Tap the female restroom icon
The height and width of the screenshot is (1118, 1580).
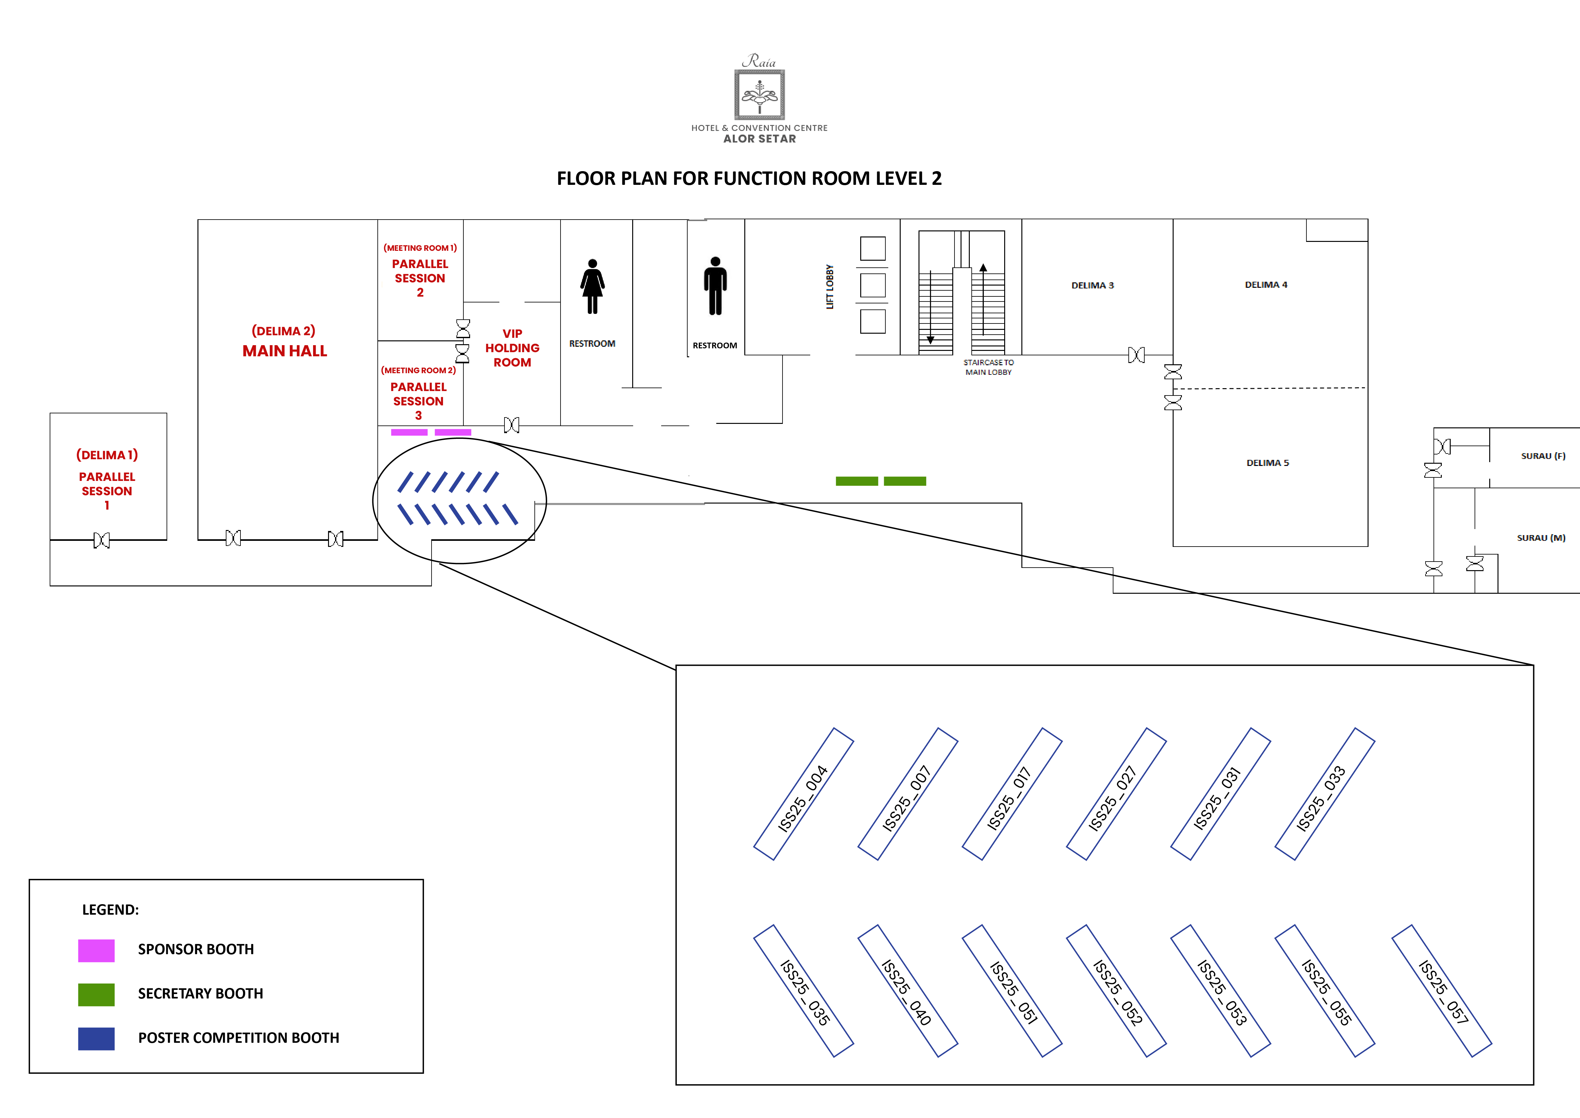coord(592,287)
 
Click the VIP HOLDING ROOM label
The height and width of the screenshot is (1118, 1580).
coord(512,348)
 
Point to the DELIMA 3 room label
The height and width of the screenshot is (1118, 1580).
coord(1092,285)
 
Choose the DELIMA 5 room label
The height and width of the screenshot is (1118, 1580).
coord(1267,463)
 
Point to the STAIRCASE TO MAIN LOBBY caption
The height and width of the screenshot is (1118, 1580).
coord(988,367)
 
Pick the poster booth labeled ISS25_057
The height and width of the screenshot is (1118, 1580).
coord(1442,991)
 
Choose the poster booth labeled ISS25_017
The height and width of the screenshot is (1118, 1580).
coord(1012,794)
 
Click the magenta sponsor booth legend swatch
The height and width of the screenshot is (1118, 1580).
coord(96,950)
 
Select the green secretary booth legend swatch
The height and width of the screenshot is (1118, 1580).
coord(96,994)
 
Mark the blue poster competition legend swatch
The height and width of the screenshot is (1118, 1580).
coord(96,1038)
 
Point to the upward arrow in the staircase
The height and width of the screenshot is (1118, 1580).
coord(983,268)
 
